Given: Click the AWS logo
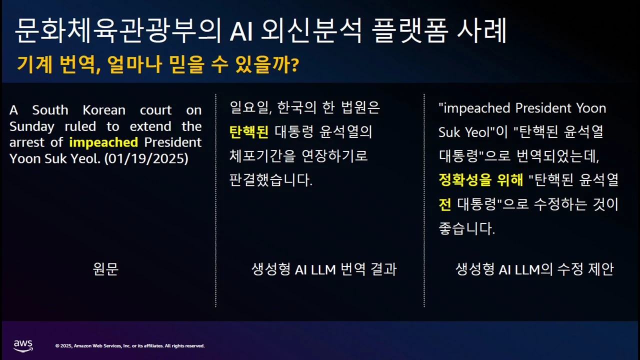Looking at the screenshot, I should [x=23, y=345].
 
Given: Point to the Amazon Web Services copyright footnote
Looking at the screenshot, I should [x=130, y=346].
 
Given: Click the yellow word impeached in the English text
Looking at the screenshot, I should [x=103, y=142].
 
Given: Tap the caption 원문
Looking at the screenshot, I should [x=106, y=269].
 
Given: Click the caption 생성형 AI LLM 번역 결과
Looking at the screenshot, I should [x=324, y=269].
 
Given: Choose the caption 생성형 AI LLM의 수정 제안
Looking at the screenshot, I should [x=534, y=269].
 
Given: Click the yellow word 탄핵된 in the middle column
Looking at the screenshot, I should [x=249, y=132].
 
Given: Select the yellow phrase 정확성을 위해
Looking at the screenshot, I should [x=481, y=180].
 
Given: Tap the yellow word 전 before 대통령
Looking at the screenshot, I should [x=445, y=204].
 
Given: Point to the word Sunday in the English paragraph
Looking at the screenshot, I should [x=31, y=126].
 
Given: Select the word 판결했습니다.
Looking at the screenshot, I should [x=270, y=180].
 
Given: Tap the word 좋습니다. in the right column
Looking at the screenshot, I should [x=466, y=228].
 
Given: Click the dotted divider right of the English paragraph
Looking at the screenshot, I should [x=215, y=200].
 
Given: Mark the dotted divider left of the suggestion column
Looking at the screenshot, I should [x=424, y=200].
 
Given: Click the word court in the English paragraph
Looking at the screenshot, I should [x=155, y=110].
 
